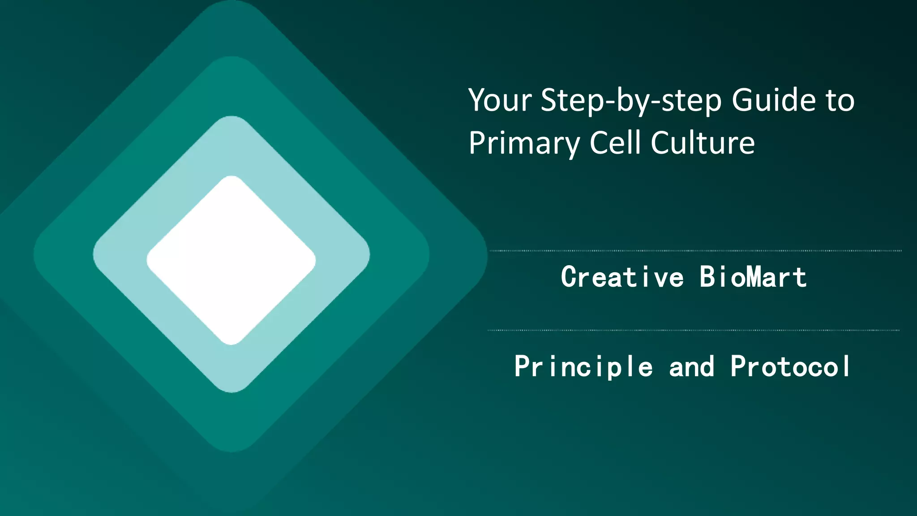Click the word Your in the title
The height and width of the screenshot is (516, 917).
pyautogui.click(x=500, y=100)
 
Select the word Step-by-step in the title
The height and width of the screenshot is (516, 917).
pyautogui.click(x=631, y=101)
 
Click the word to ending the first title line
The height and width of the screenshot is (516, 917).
pyautogui.click(x=840, y=101)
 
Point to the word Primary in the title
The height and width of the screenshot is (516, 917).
pyautogui.click(x=524, y=144)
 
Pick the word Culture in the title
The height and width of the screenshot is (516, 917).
pyautogui.click(x=703, y=143)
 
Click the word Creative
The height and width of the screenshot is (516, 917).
pyautogui.click(x=622, y=277)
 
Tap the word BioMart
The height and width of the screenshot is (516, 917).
pyautogui.click(x=753, y=277)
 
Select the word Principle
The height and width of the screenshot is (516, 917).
pyautogui.click(x=583, y=366)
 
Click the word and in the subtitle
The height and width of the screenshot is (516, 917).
pyautogui.click(x=692, y=367)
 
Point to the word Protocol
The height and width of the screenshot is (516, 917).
pyautogui.click(x=790, y=366)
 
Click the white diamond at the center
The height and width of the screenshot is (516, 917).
pyautogui.click(x=231, y=260)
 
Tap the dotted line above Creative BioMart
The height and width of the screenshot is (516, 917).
pyautogui.click(x=695, y=251)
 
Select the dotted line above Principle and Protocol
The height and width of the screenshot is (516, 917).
pyautogui.click(x=693, y=331)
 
